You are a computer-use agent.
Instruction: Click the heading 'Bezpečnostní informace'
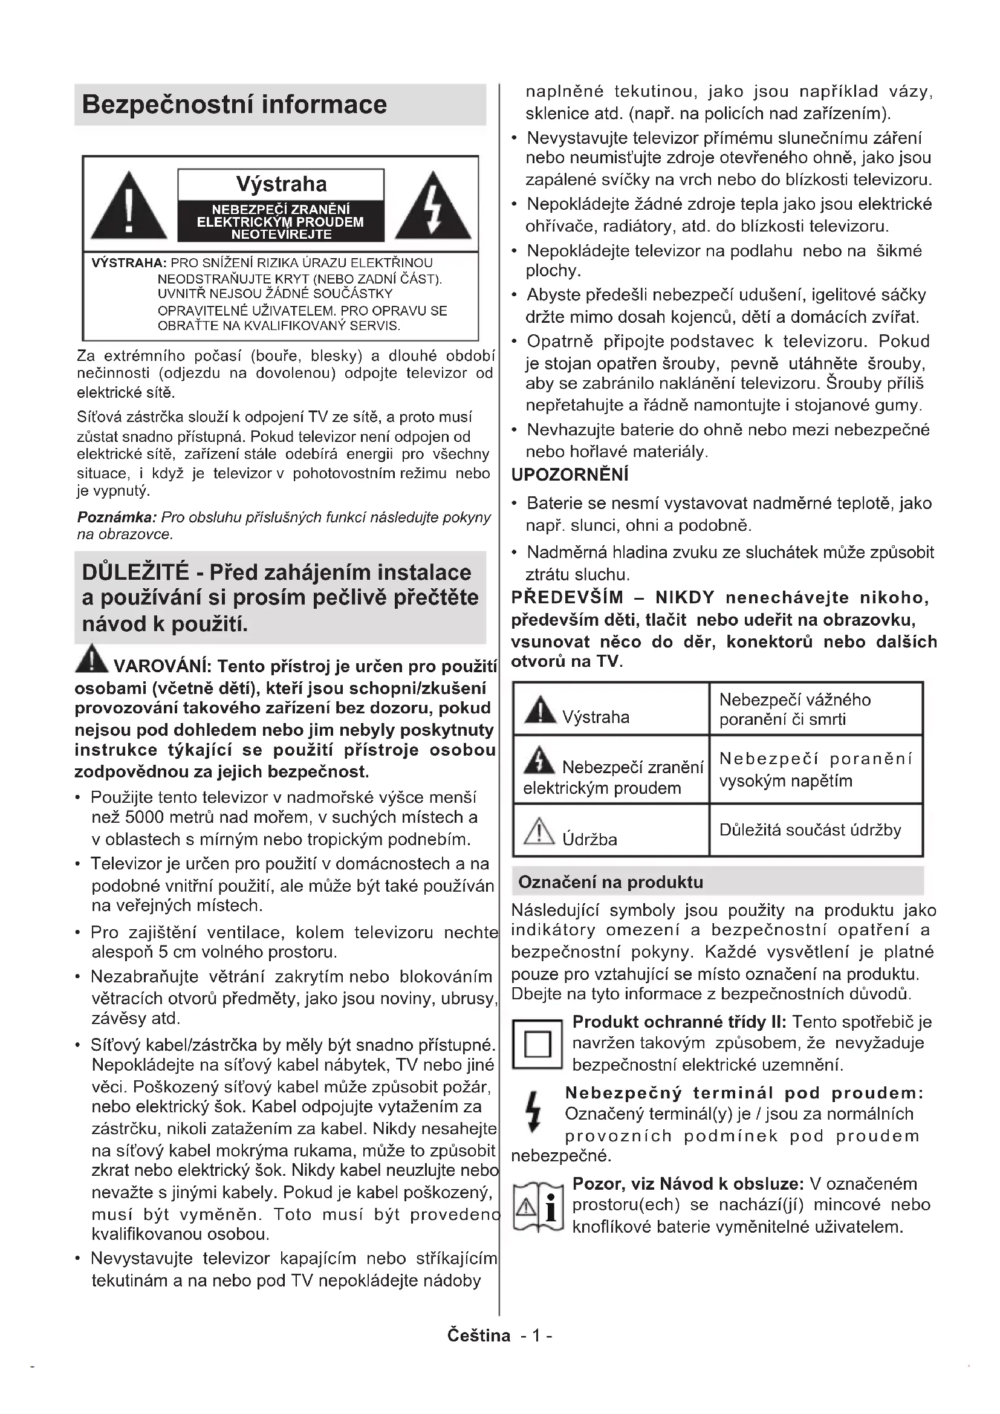[x=234, y=105]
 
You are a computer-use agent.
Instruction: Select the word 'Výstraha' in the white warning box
[x=281, y=184]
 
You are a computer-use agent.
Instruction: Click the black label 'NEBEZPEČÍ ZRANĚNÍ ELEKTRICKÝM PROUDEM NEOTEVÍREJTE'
[x=281, y=222]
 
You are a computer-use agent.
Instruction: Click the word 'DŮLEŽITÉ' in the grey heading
[x=135, y=572]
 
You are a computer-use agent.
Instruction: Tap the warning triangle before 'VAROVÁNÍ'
[x=91, y=659]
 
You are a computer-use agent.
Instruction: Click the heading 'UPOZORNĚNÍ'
[x=570, y=474]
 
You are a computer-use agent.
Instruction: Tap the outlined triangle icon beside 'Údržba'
[x=539, y=831]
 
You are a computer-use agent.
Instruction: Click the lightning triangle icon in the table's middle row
[x=539, y=760]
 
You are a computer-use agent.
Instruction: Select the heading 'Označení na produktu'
[x=610, y=882]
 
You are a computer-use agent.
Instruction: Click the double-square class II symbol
[x=537, y=1045]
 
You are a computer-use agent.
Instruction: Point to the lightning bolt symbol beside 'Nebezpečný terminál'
[x=533, y=1112]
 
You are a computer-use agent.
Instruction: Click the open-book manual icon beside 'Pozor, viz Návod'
[x=538, y=1207]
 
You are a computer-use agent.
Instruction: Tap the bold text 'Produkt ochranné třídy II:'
[x=679, y=1022]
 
